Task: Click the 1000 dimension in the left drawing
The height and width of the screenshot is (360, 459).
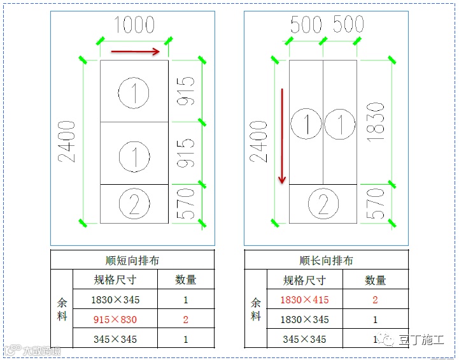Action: [x=134, y=25]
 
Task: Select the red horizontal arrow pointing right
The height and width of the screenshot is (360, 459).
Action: [x=135, y=52]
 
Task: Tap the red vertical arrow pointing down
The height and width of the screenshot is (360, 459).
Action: [x=282, y=136]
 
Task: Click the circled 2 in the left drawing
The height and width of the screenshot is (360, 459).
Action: [x=134, y=204]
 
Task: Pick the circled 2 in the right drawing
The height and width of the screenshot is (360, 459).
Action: [x=323, y=205]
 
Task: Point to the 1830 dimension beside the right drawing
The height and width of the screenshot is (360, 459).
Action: [x=376, y=122]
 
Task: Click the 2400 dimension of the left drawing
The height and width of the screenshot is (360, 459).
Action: [x=69, y=141]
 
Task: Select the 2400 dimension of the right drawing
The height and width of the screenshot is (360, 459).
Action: [x=260, y=141]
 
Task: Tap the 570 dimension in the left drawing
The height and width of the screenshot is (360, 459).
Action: [x=185, y=204]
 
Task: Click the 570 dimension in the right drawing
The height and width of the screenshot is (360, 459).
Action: [x=376, y=204]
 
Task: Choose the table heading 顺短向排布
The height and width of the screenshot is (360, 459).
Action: [x=132, y=261]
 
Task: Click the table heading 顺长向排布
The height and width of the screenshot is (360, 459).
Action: [x=326, y=261]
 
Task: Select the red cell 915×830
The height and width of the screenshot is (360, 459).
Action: [x=115, y=319]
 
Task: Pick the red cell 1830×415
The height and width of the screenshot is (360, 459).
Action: [x=304, y=299]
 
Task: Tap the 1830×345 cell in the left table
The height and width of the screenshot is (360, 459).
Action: [x=115, y=299]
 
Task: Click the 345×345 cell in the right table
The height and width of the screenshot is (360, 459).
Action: [x=304, y=339]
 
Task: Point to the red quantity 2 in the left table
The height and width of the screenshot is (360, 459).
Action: [x=186, y=319]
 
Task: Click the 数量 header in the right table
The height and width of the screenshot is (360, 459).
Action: [x=376, y=280]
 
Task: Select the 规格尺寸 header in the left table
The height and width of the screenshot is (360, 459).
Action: [x=115, y=280]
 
